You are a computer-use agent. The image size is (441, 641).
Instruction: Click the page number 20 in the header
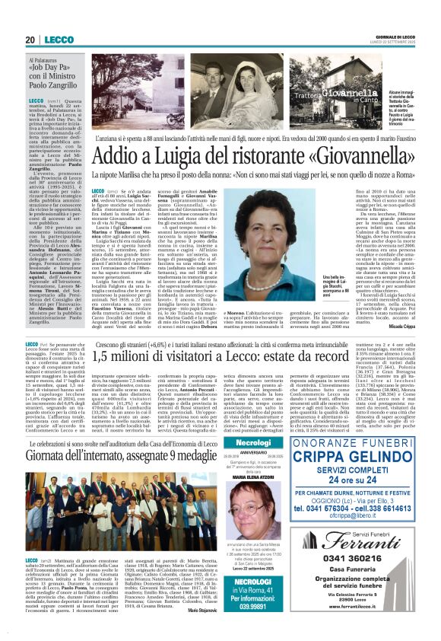pyautogui.click(x=30, y=40)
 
